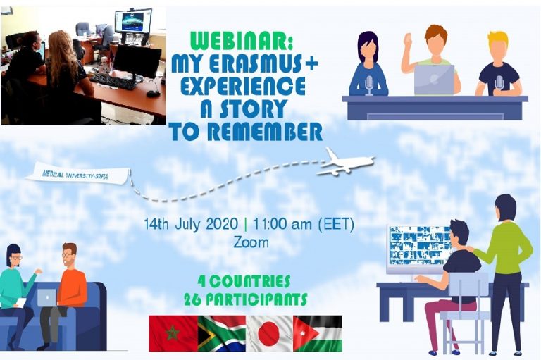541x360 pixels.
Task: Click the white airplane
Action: point(346,161)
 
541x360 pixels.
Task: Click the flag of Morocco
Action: point(173,333)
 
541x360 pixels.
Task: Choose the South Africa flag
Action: point(221,333)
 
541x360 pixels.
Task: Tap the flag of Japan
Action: point(270,333)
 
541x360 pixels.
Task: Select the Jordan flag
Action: point(318,333)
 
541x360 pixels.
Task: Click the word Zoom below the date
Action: point(251,242)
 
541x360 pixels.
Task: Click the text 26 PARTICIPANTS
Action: point(245,299)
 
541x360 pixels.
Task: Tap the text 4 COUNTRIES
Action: point(244,282)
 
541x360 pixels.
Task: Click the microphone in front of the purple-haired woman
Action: point(369,85)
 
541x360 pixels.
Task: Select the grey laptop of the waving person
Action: point(434,80)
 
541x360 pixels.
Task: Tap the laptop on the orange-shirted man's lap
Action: point(46,297)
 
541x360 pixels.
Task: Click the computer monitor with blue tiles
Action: point(418,249)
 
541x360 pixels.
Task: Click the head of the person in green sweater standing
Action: point(506,207)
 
